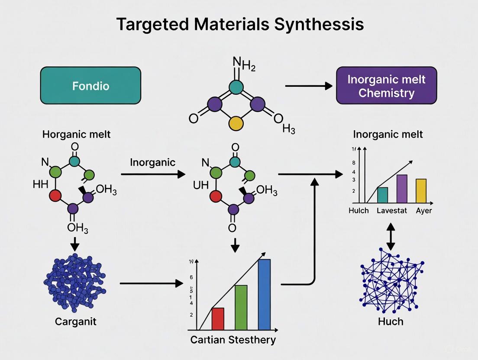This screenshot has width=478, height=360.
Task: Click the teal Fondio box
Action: pyautogui.click(x=90, y=86)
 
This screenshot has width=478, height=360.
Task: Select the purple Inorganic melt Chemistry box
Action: pyautogui.click(x=386, y=86)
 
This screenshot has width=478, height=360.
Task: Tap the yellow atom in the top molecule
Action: pyautogui.click(x=236, y=123)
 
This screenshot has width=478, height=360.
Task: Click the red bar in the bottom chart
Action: pyautogui.click(x=218, y=318)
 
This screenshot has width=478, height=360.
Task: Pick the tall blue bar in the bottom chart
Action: pyautogui.click(x=264, y=294)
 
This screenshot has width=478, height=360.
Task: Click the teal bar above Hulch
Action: pyautogui.click(x=383, y=195)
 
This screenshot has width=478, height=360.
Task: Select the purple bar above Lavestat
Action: pyautogui.click(x=402, y=189)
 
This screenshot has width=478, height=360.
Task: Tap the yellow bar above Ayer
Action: pyautogui.click(x=421, y=191)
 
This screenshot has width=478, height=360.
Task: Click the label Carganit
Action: pyautogui.click(x=76, y=321)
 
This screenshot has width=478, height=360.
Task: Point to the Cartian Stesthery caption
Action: pyautogui.click(x=233, y=339)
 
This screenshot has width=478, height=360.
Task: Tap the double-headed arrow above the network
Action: pyautogui.click(x=391, y=236)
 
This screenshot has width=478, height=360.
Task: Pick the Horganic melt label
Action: pyautogui.click(x=76, y=134)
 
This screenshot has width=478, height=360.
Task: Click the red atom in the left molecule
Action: pyautogui.click(x=55, y=196)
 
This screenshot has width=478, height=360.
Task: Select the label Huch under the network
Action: pyautogui.click(x=391, y=321)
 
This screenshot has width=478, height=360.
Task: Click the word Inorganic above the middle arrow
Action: pyautogui.click(x=153, y=162)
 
